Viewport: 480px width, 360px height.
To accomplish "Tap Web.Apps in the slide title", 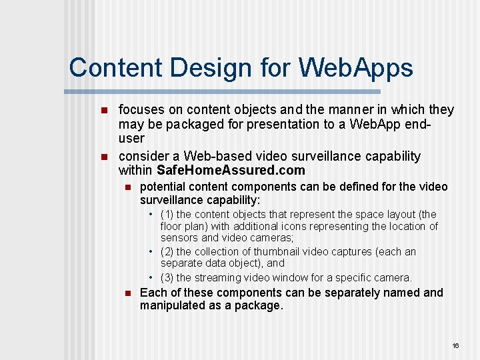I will tap(356, 68).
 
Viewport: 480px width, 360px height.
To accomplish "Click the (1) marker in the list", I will tap(167, 215).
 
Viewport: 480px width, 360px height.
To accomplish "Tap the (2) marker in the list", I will tap(167, 252).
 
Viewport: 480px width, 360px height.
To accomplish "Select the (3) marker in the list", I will tap(167, 277).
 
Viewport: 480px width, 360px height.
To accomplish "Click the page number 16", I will tap(455, 345).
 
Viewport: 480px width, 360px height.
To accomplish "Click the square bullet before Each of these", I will tap(126, 293).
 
